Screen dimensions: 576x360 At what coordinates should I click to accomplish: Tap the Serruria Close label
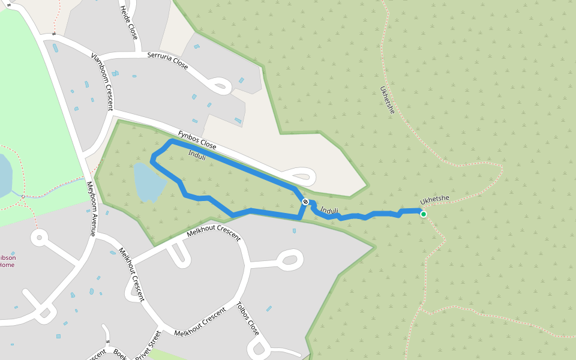[167, 61]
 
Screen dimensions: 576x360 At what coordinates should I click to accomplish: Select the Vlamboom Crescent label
[102, 82]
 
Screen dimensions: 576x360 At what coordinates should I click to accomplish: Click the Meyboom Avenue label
[91, 208]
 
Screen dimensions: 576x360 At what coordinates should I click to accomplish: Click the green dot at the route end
[424, 214]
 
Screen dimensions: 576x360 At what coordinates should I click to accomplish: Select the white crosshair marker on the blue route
[305, 202]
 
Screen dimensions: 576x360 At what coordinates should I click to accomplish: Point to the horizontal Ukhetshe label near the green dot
[435, 200]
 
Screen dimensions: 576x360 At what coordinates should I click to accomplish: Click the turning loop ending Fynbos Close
[303, 176]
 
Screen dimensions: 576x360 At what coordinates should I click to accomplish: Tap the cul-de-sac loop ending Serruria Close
[220, 86]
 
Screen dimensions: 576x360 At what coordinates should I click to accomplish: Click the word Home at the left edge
[7, 265]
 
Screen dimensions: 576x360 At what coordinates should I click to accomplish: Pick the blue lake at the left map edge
[5, 174]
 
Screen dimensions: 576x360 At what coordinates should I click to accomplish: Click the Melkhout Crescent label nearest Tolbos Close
[200, 325]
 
